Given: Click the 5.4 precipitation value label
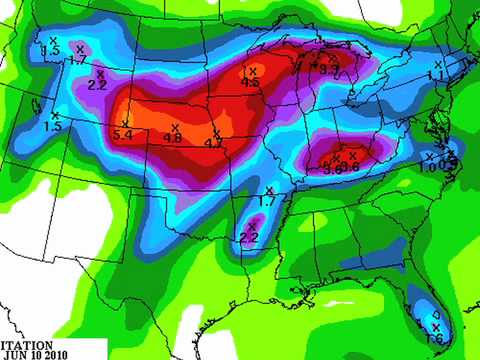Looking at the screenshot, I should [124, 134].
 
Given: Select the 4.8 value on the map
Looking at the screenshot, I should [172, 138].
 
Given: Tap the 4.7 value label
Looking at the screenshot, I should [213, 144].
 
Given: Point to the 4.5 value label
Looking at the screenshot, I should [251, 83].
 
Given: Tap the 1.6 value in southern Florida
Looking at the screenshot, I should [434, 339].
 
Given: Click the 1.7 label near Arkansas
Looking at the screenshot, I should [266, 201].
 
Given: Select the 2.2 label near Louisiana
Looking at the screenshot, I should [249, 237].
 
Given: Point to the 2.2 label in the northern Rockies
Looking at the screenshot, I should [97, 85].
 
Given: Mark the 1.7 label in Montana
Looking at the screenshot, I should [77, 61].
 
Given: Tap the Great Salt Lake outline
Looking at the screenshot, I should [38, 103].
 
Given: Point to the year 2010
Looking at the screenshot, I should [54, 353].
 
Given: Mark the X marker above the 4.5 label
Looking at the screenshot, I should [252, 71].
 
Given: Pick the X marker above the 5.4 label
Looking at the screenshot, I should [125, 123].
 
